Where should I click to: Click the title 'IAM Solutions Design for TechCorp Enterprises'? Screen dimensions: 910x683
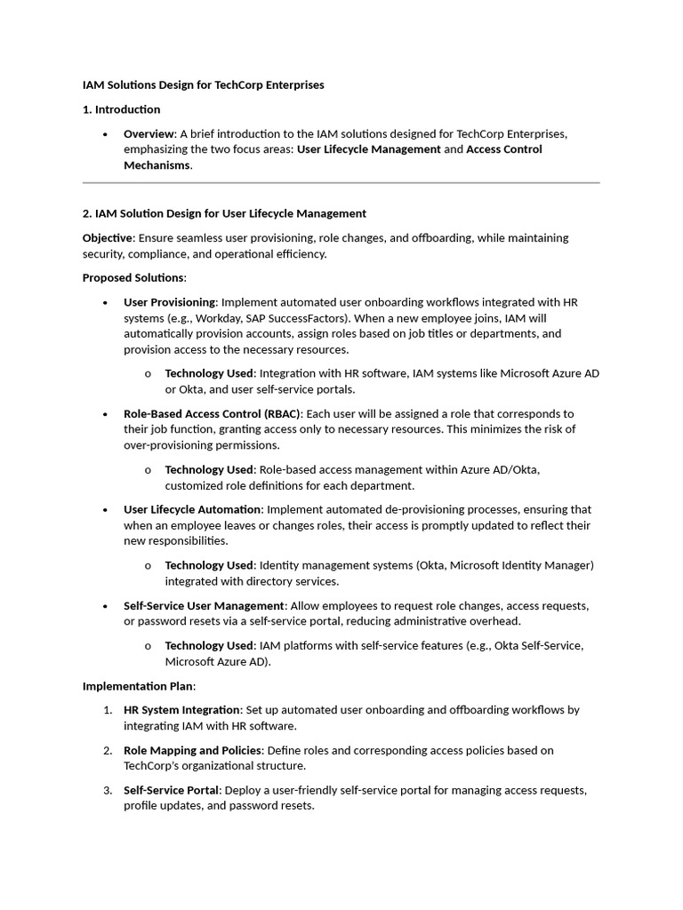pyautogui.click(x=203, y=85)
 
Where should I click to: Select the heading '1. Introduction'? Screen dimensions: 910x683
pyautogui.click(x=121, y=109)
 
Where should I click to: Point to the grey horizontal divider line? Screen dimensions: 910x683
pyautogui.click(x=341, y=183)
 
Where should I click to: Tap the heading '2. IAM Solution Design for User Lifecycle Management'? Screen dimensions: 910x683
pyautogui.click(x=224, y=213)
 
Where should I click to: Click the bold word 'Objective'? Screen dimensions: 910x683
pyautogui.click(x=108, y=238)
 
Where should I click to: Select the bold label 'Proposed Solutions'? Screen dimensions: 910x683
pyautogui.click(x=133, y=278)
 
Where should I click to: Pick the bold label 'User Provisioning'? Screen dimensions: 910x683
pyautogui.click(x=169, y=302)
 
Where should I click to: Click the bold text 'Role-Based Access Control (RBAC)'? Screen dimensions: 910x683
pyautogui.click(x=213, y=413)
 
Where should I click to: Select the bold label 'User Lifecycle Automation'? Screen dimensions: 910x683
pyautogui.click(x=192, y=509)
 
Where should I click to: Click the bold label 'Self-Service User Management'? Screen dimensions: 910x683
pyautogui.click(x=204, y=605)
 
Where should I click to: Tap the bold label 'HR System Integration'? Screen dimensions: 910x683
pyautogui.click(x=181, y=710)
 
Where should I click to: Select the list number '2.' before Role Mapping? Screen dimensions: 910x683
pyautogui.click(x=107, y=750)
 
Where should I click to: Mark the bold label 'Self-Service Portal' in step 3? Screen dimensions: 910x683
pyautogui.click(x=172, y=790)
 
